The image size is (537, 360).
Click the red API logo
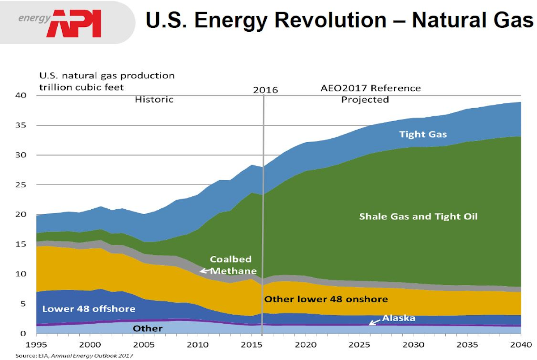74,23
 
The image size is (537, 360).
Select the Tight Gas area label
423,134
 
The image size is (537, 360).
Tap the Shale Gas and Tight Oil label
418,216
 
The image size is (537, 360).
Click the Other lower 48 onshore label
326,299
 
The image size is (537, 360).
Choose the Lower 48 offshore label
89,309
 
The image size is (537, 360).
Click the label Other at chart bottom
148,329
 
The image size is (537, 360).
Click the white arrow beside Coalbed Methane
205,271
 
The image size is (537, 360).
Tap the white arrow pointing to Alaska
374,322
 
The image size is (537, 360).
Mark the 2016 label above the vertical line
265,90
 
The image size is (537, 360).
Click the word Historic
154,99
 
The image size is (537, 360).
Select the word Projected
365,99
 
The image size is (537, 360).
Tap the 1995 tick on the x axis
37,345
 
